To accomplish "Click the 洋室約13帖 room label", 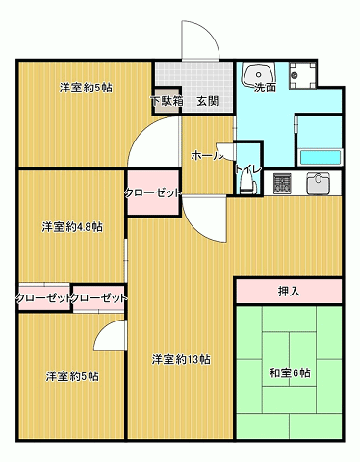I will (181, 359).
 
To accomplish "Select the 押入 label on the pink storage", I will (288, 290).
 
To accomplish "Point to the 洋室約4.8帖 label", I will (72, 227).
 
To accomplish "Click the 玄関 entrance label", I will (208, 100).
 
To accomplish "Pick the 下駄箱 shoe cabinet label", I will (167, 100).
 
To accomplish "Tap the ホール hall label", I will (207, 154).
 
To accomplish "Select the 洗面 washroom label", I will (265, 88).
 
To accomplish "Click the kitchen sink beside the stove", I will (320, 182).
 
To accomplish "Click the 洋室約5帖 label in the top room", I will (86, 88).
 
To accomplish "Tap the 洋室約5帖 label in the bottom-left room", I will (72, 376).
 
